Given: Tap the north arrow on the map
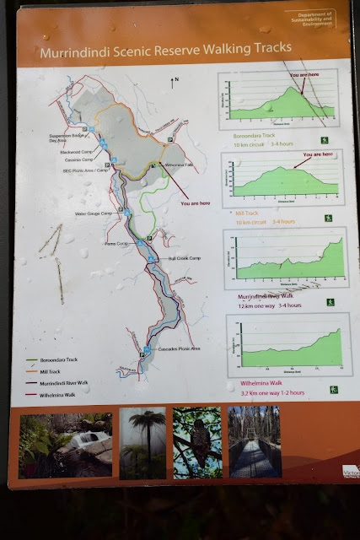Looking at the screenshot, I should coord(175,82).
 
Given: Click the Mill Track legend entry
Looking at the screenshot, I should coord(49,370).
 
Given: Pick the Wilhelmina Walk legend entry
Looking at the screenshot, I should coord(56,393).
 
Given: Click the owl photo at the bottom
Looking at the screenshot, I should coord(196,443).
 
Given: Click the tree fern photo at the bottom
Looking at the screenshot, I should coord(142,443).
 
